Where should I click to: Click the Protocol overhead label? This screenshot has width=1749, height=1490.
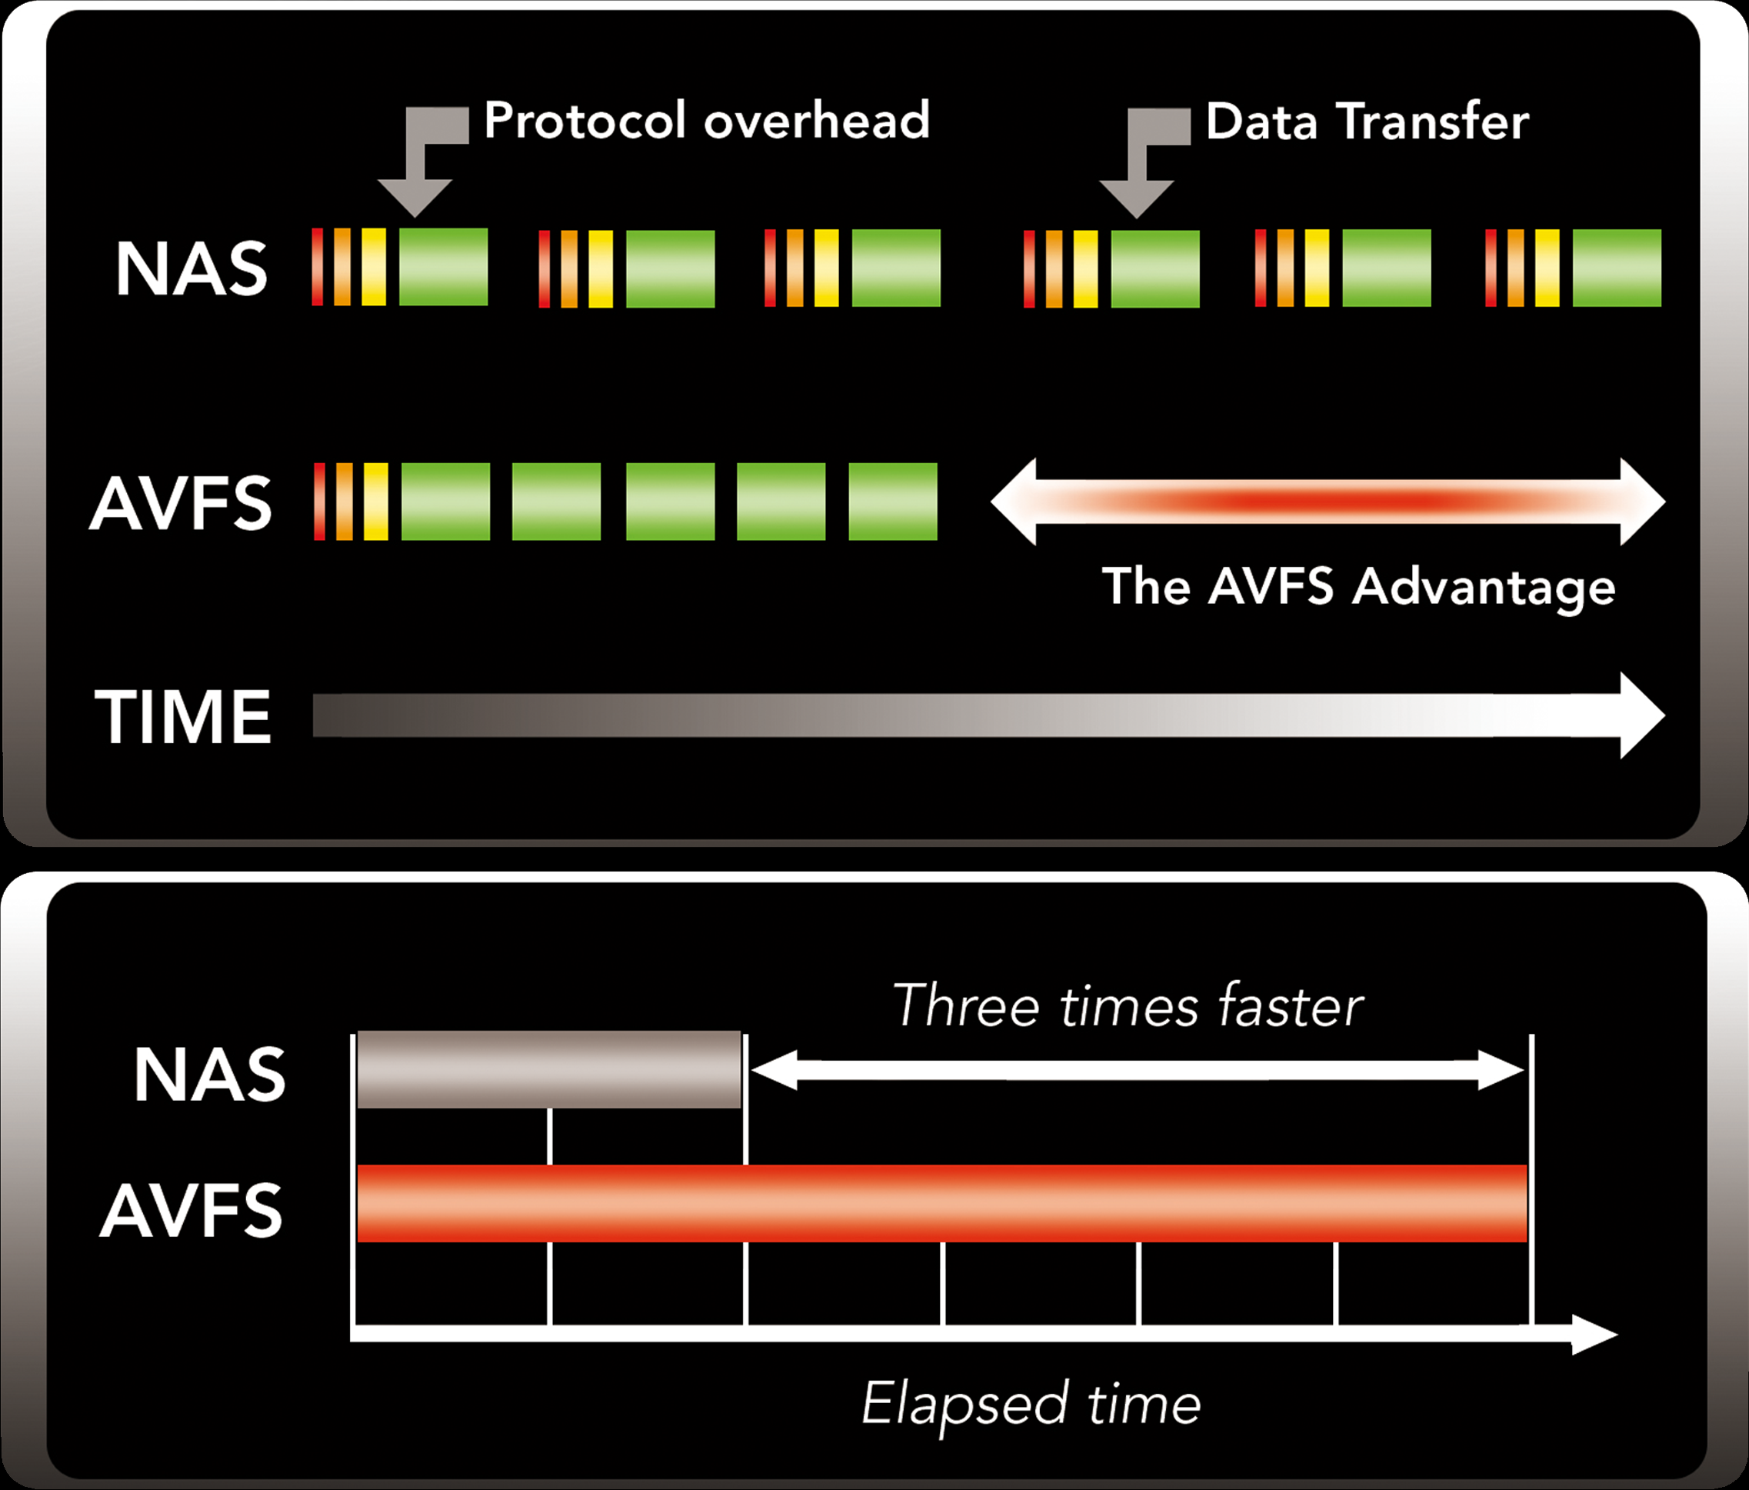point(707,120)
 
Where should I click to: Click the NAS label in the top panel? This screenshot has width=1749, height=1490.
point(192,268)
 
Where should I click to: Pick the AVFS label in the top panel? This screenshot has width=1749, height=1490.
point(181,503)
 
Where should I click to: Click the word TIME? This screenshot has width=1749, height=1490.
point(182,716)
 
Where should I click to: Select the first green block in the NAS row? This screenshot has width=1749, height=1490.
point(443,267)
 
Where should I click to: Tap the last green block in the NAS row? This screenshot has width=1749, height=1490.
point(1617,268)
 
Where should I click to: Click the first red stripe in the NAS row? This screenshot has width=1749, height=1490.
point(318,267)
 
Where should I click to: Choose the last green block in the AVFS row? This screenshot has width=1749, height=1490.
point(892,502)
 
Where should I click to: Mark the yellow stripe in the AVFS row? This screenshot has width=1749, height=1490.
point(375,502)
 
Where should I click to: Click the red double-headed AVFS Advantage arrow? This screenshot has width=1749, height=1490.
point(1328,502)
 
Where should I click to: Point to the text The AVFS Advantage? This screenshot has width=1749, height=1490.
point(1358,587)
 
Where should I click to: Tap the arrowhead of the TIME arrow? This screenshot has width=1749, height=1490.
point(1643,716)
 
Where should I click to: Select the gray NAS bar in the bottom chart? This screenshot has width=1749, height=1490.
point(548,1068)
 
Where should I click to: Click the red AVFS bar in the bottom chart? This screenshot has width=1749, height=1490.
point(942,1203)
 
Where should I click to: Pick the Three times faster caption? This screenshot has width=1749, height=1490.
point(1128,1006)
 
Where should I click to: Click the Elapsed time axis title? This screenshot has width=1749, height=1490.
point(1031,1405)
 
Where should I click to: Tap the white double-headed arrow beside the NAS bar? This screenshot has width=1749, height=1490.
point(1137,1071)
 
